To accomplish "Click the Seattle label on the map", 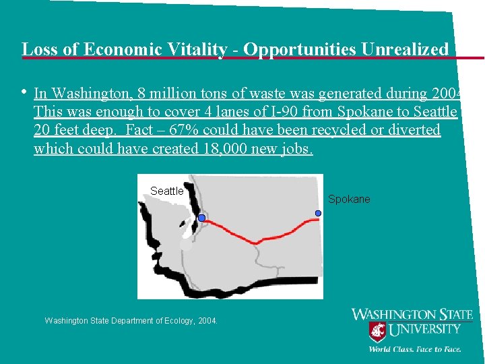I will [x=167, y=191].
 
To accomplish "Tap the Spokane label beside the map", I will [x=349, y=200].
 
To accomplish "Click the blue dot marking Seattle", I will [x=201, y=218].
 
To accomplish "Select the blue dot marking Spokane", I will [x=318, y=213].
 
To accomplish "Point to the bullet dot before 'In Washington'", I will [x=24, y=92].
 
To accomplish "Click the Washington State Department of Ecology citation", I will [x=131, y=321].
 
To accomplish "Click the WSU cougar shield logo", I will [x=377, y=332].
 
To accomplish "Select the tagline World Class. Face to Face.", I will [x=414, y=349].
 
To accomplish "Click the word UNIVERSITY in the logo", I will [x=426, y=330].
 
